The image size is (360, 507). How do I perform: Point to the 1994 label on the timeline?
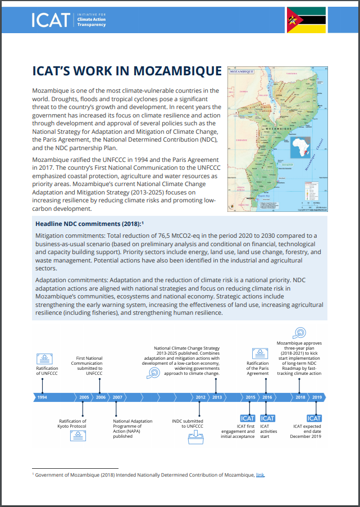(x=42, y=397)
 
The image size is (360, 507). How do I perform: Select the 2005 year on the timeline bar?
(x=84, y=397)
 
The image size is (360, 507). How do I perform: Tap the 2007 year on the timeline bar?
(x=117, y=397)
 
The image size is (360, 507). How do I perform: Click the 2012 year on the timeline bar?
(x=200, y=397)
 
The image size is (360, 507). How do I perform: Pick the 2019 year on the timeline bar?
(x=317, y=397)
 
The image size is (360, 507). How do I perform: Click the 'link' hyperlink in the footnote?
(x=260, y=475)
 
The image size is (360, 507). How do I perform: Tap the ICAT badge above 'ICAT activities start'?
(x=268, y=418)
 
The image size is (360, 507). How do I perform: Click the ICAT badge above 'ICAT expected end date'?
(x=315, y=418)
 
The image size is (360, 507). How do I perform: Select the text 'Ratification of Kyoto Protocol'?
(x=73, y=424)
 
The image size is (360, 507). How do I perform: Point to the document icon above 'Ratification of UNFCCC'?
(x=42, y=357)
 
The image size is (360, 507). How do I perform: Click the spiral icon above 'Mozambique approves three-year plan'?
(x=300, y=332)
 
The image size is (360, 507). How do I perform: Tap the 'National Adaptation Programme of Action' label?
(x=133, y=428)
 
